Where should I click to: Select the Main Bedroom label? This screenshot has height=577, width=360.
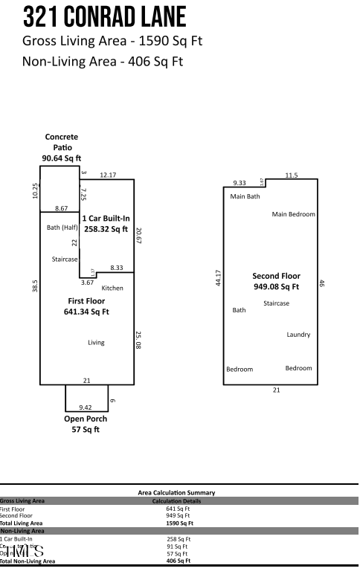tap(293, 214)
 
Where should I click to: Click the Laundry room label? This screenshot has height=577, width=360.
tap(298, 335)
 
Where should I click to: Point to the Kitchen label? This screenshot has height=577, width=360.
tap(112, 288)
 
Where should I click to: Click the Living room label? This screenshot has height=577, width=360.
tap(96, 343)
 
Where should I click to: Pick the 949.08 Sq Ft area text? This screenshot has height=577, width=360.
tap(276, 286)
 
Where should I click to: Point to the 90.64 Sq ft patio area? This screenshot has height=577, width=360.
tap(61, 158)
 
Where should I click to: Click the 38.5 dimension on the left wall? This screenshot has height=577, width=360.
tap(35, 286)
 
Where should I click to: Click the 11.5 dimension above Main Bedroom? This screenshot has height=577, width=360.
tap(292, 175)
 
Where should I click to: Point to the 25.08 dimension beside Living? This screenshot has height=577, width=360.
tap(138, 341)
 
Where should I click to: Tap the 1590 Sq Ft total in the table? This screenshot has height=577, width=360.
tap(178, 523)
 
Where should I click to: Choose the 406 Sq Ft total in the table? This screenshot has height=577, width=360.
tap(178, 561)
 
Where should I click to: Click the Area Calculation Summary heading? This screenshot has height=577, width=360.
tap(176, 492)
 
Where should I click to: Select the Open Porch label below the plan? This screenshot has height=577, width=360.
tap(86, 419)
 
